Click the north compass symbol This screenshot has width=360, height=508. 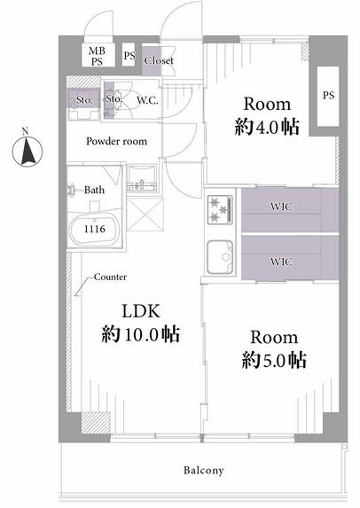[27, 151]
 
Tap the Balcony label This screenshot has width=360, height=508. [203, 470]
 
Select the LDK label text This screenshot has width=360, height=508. [141, 311]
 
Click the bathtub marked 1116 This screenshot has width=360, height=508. [94, 229]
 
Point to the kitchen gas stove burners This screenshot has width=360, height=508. [220, 209]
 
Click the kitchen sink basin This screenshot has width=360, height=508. [220, 257]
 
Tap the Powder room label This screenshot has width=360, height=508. [117, 141]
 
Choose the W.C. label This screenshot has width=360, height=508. [147, 100]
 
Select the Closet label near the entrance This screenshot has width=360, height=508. [159, 60]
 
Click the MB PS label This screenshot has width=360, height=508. [98, 56]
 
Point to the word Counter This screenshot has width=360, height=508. [110, 277]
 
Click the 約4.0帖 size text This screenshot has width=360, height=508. [267, 127]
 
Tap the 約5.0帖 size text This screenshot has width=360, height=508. [274, 360]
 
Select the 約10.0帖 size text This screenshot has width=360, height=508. [141, 334]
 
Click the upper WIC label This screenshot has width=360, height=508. [281, 207]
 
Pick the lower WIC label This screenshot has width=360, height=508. [281, 262]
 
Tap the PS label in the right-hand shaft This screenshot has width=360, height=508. [328, 96]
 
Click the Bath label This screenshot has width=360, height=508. [94, 190]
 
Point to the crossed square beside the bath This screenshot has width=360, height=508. [145, 215]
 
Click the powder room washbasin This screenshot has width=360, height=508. [142, 178]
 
